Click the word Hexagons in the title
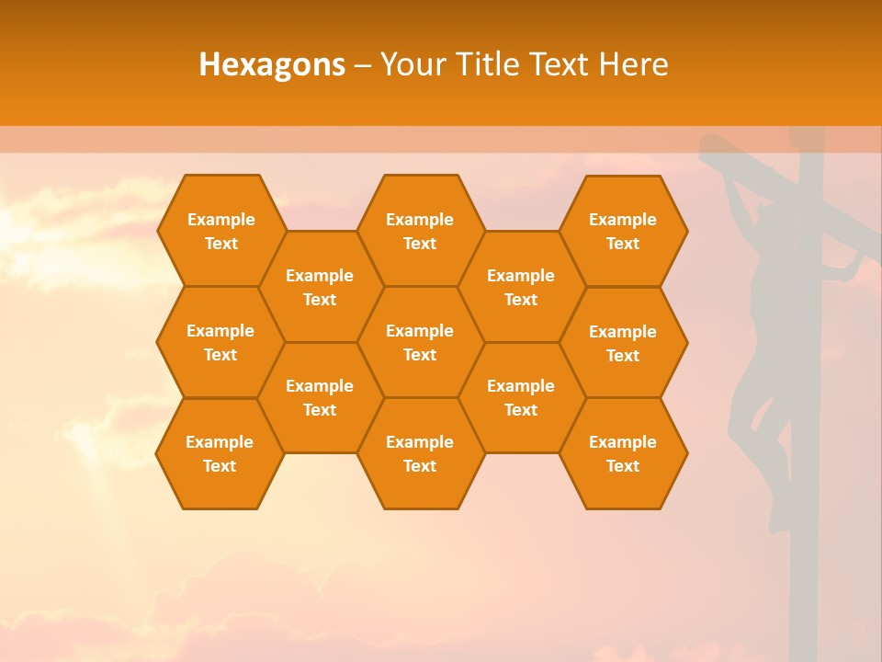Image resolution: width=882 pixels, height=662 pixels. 272,64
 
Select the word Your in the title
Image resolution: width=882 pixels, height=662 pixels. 412,64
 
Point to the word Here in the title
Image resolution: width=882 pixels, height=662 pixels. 633,64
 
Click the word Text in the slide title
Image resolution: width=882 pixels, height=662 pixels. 561,64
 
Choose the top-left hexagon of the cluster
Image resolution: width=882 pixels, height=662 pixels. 220,231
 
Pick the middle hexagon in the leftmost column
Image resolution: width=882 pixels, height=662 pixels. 220,342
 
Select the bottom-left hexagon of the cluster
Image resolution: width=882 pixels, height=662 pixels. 220,453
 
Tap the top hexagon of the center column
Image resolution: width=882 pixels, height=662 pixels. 420,231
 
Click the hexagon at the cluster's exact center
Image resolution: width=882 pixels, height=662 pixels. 420,342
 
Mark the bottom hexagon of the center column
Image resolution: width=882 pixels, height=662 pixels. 420,453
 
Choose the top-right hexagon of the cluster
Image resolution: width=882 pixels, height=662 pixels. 623,231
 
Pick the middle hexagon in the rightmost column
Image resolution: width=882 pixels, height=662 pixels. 623,343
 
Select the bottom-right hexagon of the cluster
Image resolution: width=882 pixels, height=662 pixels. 623,453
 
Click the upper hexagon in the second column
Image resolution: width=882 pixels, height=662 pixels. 320,287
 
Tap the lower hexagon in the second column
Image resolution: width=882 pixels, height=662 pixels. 320,397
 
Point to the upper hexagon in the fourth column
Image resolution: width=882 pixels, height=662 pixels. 521,287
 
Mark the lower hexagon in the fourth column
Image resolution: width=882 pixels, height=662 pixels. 521,397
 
